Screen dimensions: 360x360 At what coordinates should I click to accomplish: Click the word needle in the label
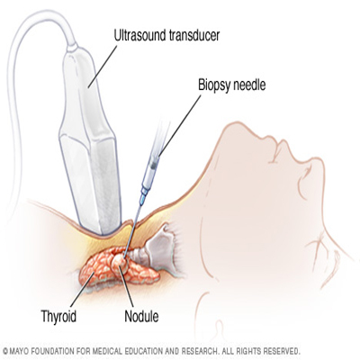click(x=248, y=85)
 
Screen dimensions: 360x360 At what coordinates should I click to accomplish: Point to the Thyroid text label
click(x=58, y=316)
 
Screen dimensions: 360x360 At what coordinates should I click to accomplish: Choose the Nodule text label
click(x=141, y=316)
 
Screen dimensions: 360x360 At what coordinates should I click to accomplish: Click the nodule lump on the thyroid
click(x=121, y=260)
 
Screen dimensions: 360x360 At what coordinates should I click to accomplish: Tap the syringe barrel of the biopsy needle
click(x=151, y=172)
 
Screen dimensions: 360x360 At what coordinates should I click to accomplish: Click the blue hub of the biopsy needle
click(x=144, y=196)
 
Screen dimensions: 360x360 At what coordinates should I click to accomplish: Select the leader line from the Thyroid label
click(x=82, y=288)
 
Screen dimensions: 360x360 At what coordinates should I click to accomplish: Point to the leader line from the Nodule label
click(x=127, y=285)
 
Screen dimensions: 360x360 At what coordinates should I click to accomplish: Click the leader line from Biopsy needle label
click(x=179, y=126)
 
